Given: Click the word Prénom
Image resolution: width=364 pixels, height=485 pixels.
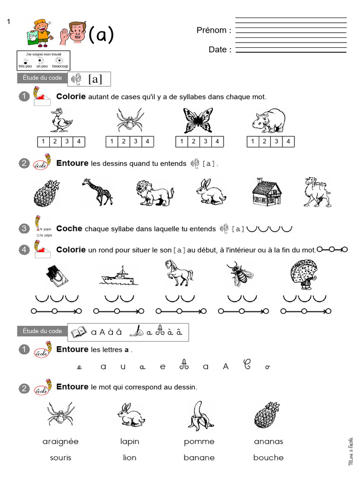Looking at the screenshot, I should coord(213,30).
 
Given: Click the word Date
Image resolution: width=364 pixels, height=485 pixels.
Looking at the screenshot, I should coord(219,49).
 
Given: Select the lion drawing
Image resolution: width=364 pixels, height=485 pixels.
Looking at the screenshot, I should coord(155,193).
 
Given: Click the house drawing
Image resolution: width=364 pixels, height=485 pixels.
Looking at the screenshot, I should coord(267,193).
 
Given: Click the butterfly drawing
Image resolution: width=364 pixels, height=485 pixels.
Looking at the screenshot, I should coord(198,120).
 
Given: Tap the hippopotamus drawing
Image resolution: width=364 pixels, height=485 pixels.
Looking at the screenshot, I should coord(268,120).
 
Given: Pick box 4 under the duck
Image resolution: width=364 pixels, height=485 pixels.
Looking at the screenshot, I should coord(79,141).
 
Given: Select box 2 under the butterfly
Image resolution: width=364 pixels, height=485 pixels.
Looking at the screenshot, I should coord(193,141).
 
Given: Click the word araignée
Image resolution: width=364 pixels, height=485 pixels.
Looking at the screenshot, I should coord(61,441).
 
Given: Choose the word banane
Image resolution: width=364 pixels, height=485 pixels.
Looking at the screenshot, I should coord(199,458).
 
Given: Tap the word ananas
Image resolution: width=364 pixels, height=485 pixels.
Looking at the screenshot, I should coord(268,441).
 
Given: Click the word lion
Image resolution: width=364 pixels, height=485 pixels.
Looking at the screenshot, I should coord(129,458).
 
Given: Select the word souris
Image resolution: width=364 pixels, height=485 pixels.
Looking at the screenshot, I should coord(61,458).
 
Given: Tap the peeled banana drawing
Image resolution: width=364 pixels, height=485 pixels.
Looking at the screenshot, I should coord(199,415).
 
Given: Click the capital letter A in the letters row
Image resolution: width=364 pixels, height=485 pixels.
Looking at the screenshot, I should coord(226,366).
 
